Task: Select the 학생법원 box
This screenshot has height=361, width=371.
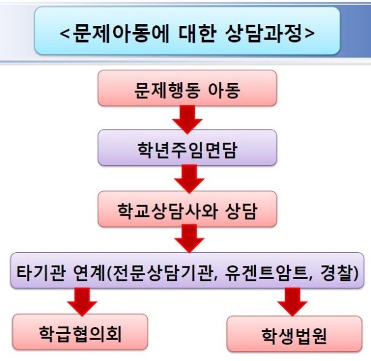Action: coord(294,336)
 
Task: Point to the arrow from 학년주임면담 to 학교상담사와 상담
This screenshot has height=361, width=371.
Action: coord(186,177)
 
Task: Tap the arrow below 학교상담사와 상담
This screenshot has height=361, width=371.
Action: coord(186,237)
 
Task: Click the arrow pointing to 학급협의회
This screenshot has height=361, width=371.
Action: coord(81,301)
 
